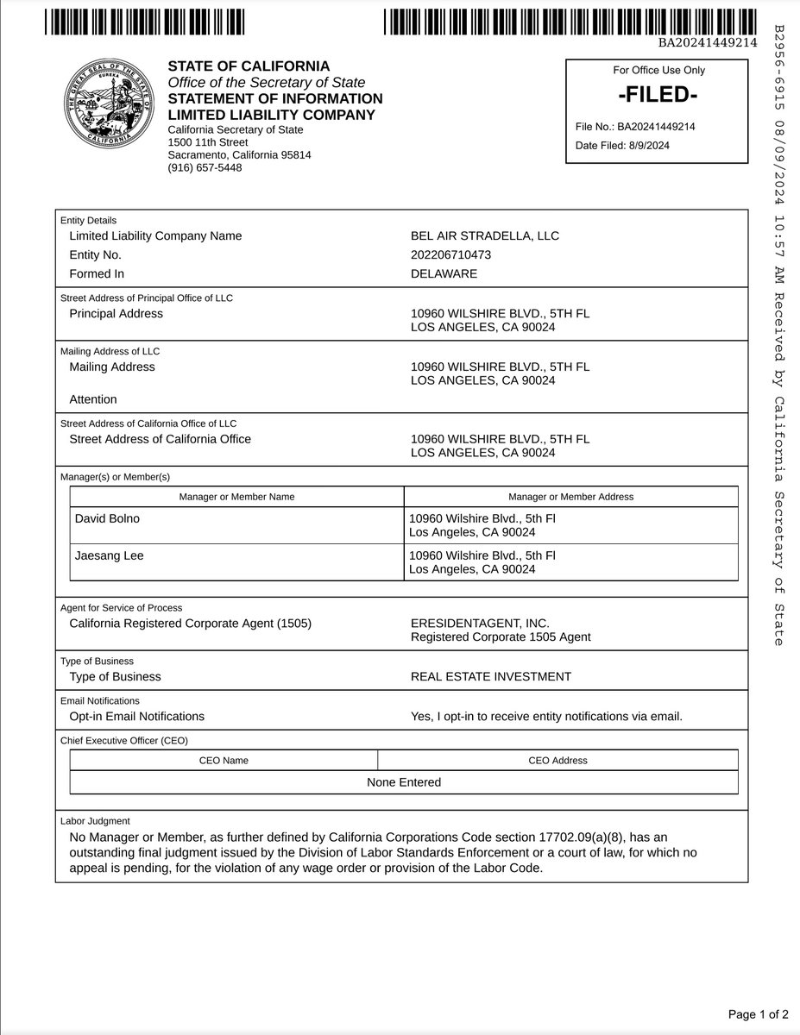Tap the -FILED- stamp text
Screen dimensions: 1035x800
click(x=657, y=95)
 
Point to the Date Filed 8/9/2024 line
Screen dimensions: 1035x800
click(x=622, y=145)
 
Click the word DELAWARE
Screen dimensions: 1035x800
click(x=444, y=273)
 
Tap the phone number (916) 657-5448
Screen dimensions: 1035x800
click(x=205, y=167)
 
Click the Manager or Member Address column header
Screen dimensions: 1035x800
click(x=570, y=497)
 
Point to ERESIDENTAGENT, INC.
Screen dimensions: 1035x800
click(x=480, y=623)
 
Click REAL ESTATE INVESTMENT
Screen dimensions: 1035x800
click(x=490, y=676)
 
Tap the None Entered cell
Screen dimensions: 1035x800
click(x=403, y=782)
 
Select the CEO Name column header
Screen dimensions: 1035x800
click(x=224, y=761)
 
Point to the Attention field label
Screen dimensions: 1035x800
click(x=92, y=399)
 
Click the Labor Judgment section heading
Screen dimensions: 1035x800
click(x=95, y=821)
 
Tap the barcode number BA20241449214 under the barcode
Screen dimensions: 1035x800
click(x=708, y=41)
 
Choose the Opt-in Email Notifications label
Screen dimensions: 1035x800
click(x=136, y=716)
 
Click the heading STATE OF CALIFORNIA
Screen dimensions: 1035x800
click(x=249, y=66)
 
